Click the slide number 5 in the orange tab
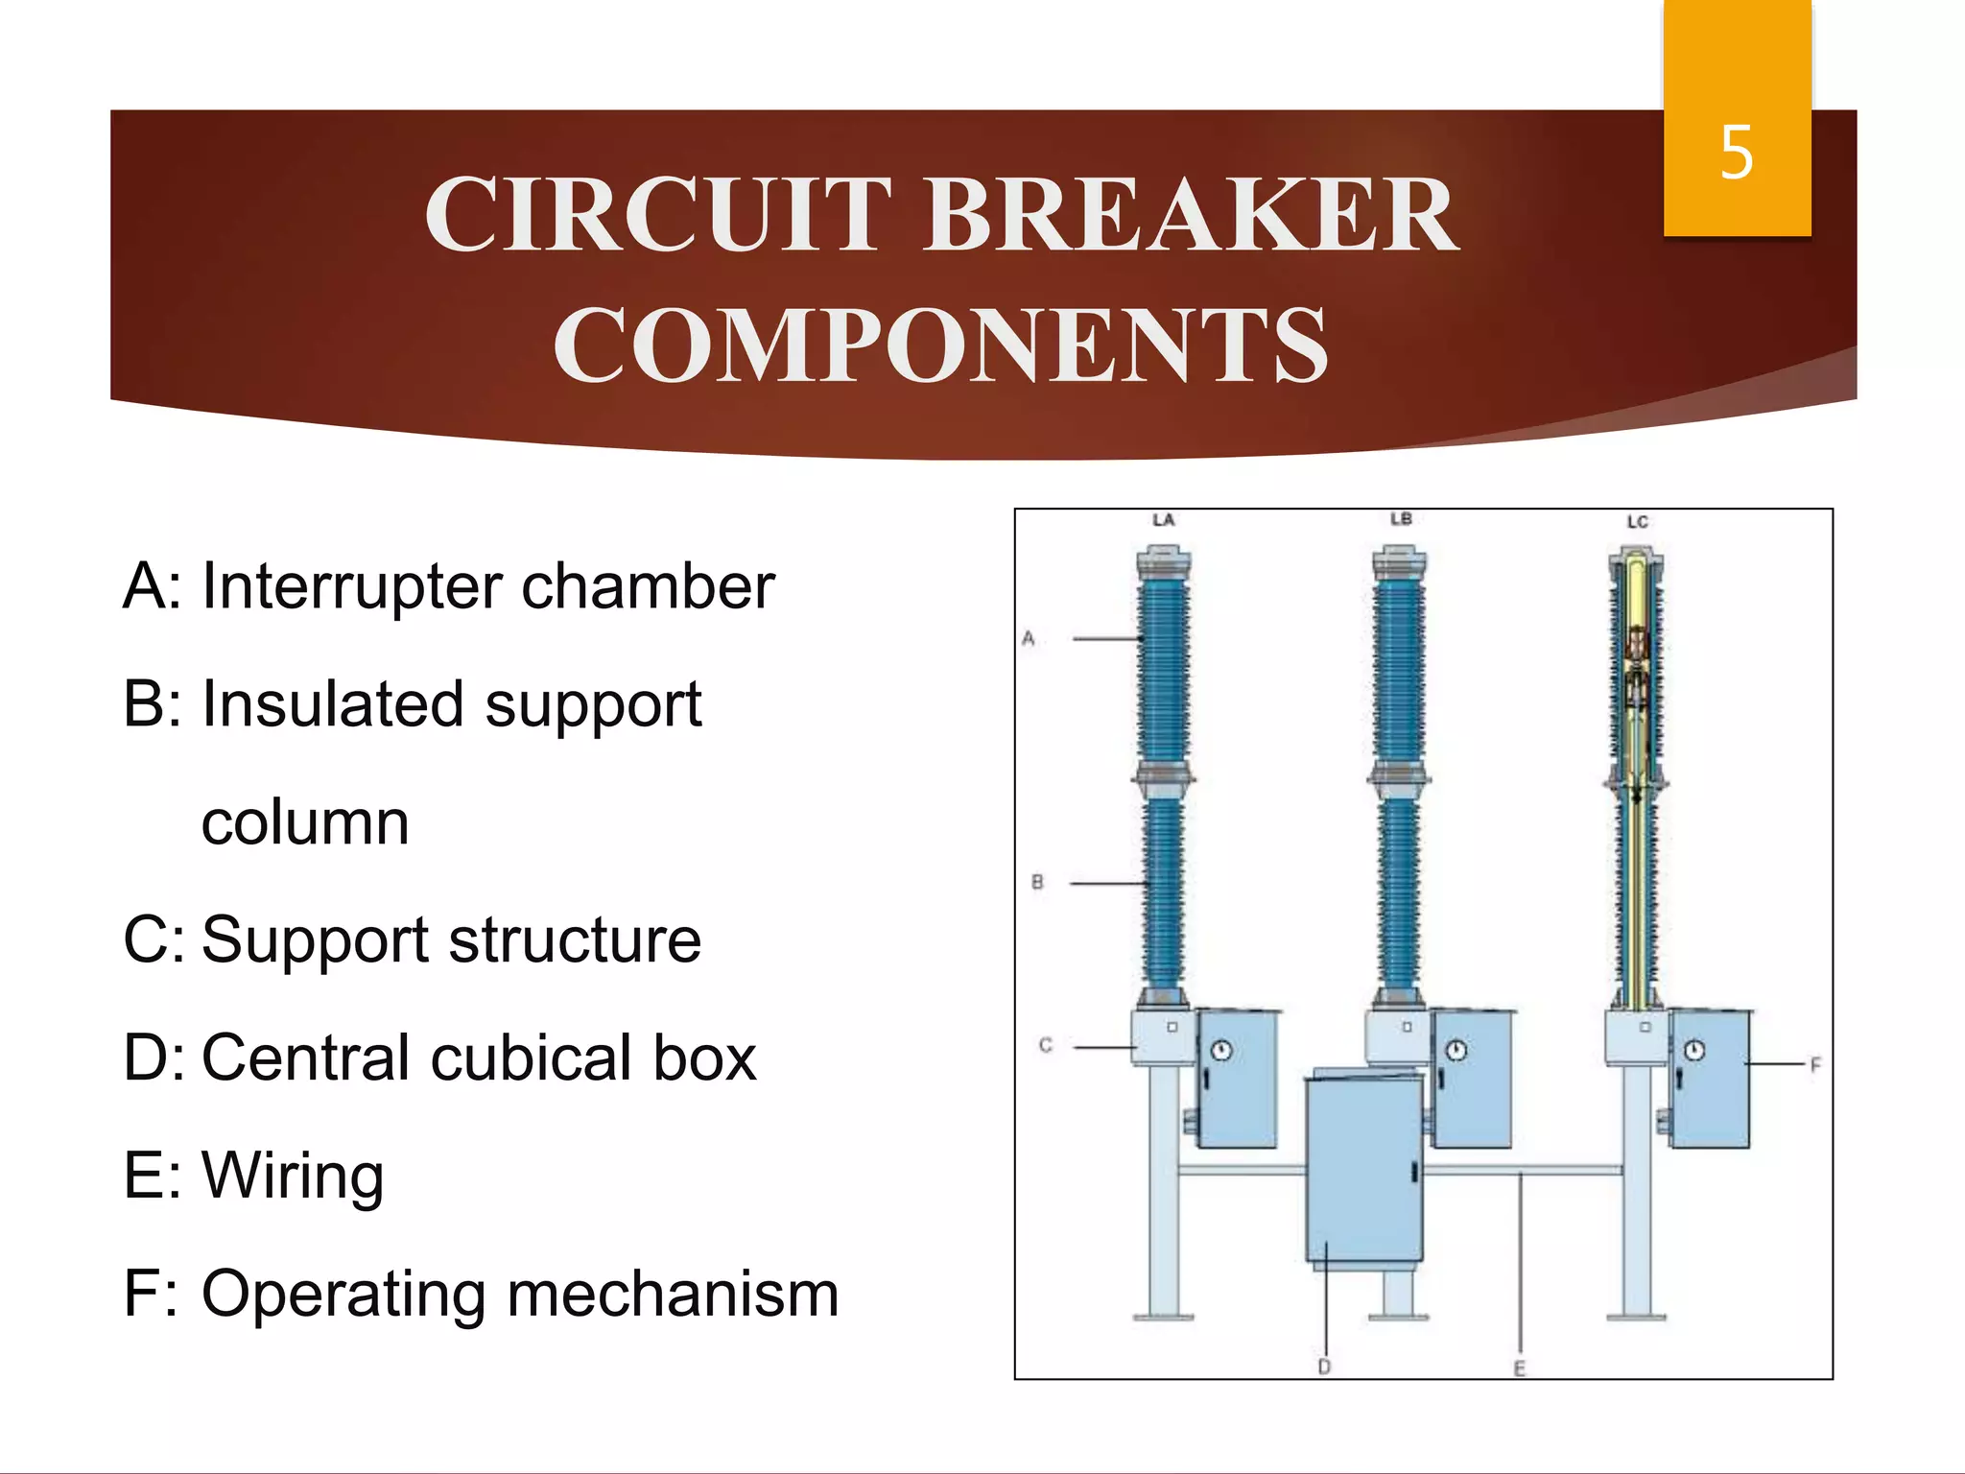click(x=1737, y=153)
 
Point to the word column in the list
click(x=305, y=822)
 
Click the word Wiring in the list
click(x=293, y=1176)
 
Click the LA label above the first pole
click(x=1163, y=520)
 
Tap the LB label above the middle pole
click(x=1401, y=519)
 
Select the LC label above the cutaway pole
click(x=1637, y=522)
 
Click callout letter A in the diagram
click(x=1029, y=638)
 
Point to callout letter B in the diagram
click(x=1037, y=882)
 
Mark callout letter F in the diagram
click(x=1814, y=1064)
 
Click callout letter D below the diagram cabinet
click(x=1324, y=1367)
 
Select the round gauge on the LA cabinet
click(x=1220, y=1051)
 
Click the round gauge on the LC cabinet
click(x=1694, y=1051)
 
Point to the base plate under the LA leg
click(x=1163, y=1318)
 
